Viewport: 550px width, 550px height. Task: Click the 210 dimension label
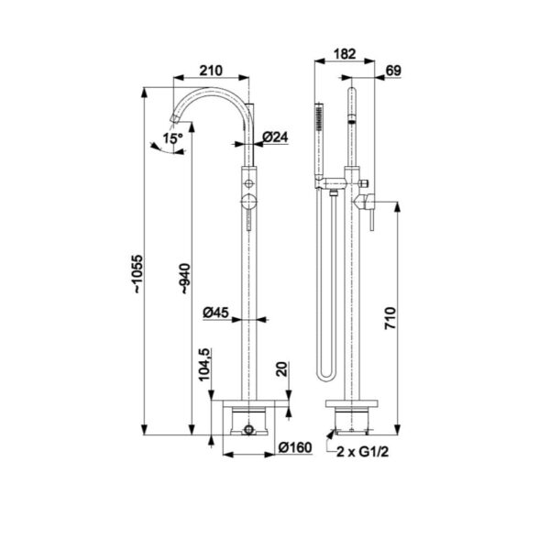[212, 70]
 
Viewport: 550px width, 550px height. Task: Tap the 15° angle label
[172, 138]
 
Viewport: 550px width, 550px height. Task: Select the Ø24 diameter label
[275, 137]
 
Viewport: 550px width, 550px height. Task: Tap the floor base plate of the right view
[352, 404]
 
